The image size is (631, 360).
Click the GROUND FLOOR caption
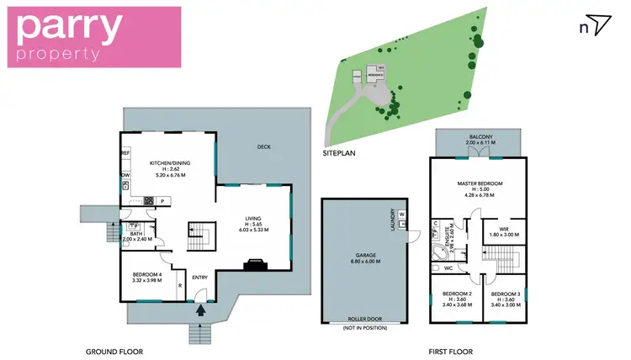(115, 352)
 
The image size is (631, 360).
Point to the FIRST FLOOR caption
(450, 352)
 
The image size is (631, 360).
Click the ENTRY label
(200, 278)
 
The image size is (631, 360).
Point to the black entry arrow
(200, 310)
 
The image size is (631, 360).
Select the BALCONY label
(480, 137)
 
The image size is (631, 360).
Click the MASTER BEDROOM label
(480, 183)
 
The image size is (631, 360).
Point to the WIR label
(505, 230)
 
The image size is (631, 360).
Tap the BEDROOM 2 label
(458, 294)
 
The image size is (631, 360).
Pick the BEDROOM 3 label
(506, 294)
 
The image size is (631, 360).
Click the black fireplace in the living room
(254, 266)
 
